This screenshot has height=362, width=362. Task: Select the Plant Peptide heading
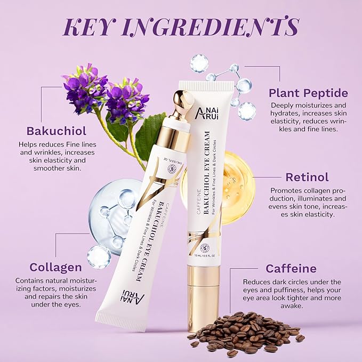coord(309,93)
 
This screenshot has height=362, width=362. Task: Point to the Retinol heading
coord(308,176)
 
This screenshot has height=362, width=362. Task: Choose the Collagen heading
coord(48,267)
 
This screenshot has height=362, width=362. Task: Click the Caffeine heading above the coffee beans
coord(291,268)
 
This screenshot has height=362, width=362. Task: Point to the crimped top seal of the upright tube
coord(206,86)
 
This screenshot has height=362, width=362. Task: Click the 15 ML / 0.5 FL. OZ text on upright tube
coord(204,262)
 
